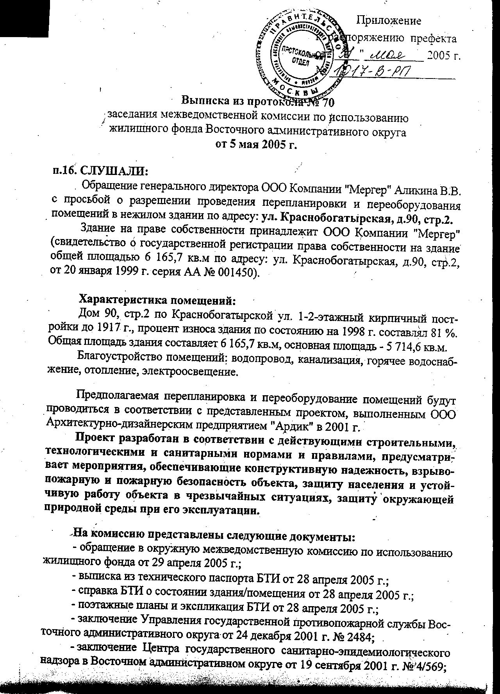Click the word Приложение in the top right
click(x=389, y=21)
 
